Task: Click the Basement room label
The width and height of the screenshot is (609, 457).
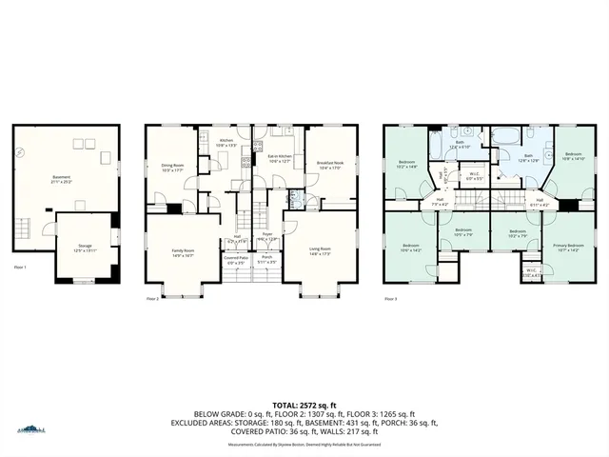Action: point(61,177)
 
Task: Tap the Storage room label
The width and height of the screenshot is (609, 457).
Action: point(85,247)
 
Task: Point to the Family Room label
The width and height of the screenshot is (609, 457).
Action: point(182,251)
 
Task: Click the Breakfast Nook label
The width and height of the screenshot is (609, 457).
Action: point(330,164)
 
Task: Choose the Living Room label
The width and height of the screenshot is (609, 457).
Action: point(319,251)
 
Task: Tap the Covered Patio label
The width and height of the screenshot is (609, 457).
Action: point(237,258)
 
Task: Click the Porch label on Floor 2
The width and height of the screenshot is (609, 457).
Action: point(267,258)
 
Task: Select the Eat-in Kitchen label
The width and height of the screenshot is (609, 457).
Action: point(280,159)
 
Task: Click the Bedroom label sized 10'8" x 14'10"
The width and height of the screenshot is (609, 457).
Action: point(574,155)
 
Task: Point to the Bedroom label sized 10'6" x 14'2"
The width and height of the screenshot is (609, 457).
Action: point(411,248)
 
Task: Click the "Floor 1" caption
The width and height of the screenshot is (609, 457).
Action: point(19,268)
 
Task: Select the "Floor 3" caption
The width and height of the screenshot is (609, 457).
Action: point(391,299)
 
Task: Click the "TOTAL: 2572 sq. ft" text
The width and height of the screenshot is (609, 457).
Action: point(304,404)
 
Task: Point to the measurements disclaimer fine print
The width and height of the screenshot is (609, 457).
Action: point(304,444)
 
